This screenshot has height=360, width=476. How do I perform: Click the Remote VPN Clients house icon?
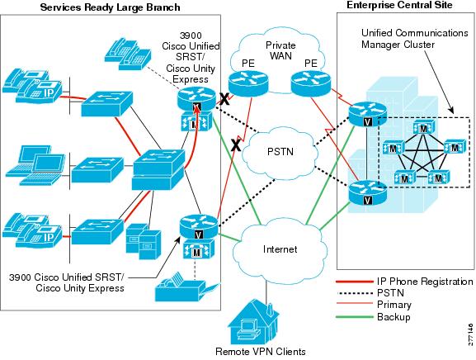[253, 322]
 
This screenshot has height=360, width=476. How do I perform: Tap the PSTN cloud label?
[280, 151]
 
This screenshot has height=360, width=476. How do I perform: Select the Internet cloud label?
[280, 249]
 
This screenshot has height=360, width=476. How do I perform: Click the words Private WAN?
[280, 50]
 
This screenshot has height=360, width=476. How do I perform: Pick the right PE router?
[311, 83]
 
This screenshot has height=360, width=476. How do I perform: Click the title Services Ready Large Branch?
[111, 7]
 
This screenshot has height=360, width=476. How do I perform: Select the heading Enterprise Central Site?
[399, 5]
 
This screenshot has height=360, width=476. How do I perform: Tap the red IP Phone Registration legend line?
[355, 282]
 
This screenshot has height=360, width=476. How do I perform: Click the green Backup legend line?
[355, 317]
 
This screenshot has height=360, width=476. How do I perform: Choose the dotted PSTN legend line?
[355, 293]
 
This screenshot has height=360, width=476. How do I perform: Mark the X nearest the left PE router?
[224, 99]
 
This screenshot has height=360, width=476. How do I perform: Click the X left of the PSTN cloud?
[236, 145]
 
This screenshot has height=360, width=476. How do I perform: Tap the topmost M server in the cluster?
[423, 128]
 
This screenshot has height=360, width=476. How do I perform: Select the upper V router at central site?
[367, 114]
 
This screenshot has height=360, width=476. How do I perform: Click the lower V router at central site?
[367, 192]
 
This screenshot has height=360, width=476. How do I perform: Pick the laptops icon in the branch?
[35, 165]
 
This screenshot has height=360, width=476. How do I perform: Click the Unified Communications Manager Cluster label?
[415, 39]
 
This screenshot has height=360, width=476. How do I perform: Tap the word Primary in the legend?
[394, 305]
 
